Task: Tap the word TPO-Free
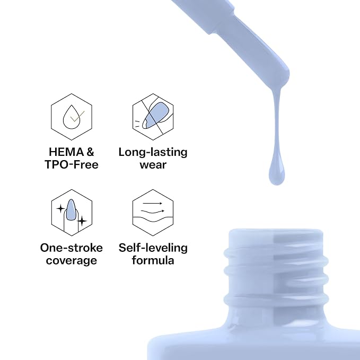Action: click(x=72, y=164)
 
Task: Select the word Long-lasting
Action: click(x=153, y=153)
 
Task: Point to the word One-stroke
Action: click(x=72, y=248)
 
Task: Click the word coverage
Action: click(x=72, y=261)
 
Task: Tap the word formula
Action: click(x=153, y=260)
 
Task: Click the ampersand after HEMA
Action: click(x=90, y=152)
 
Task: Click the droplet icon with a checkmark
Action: click(x=72, y=117)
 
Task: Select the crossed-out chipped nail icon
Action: click(x=153, y=117)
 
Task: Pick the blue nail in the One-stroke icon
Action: click(x=71, y=210)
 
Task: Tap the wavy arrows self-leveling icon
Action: click(x=153, y=213)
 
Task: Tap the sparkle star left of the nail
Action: click(x=60, y=209)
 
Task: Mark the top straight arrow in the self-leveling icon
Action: click(x=153, y=204)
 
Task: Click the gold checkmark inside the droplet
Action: click(x=77, y=117)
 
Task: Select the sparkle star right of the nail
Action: click(x=82, y=221)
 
